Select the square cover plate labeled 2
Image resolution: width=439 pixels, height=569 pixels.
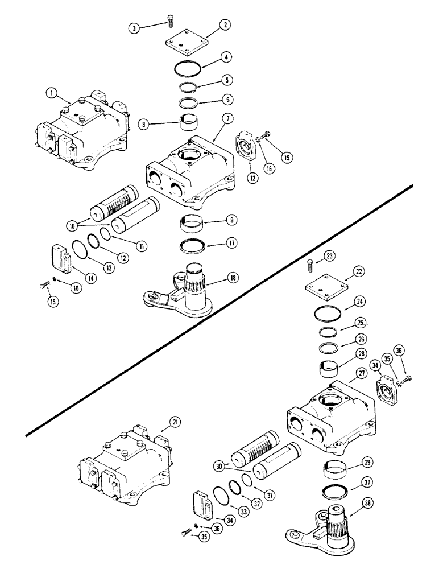click(184, 42)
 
